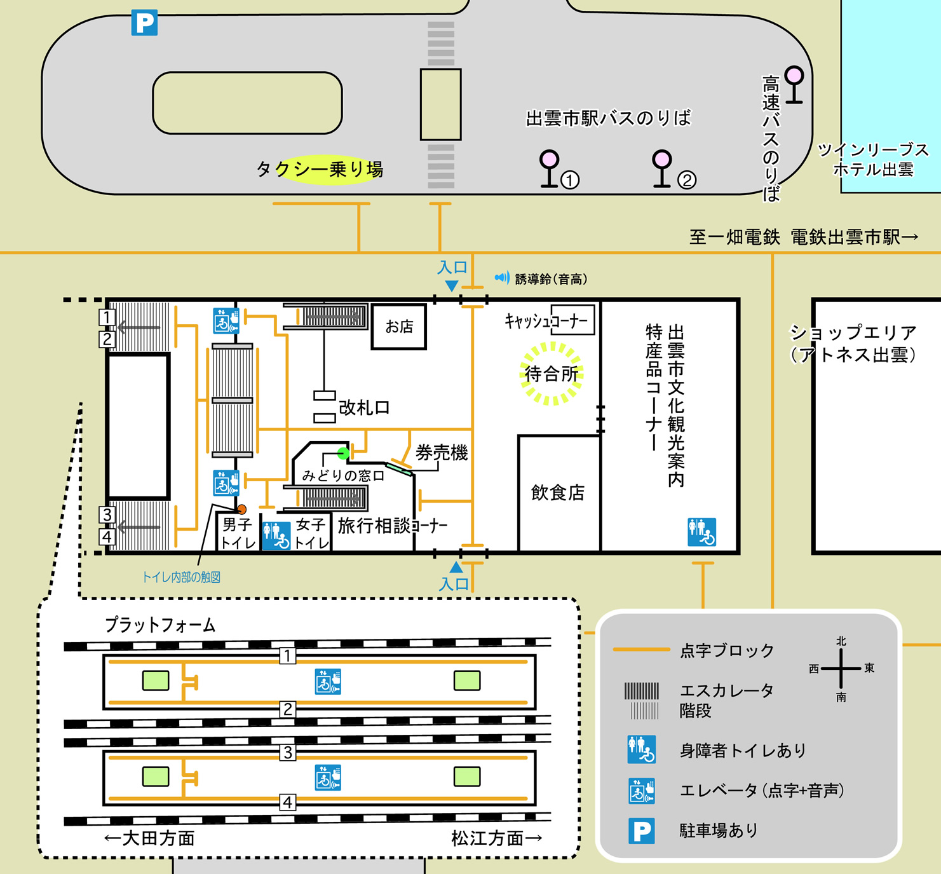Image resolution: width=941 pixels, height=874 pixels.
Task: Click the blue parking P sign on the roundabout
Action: coord(144,23)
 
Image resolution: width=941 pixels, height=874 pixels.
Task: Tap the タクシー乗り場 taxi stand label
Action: coord(320,169)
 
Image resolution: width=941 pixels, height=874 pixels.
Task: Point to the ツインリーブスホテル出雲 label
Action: coord(873,159)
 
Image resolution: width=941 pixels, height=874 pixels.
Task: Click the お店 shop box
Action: coord(399,327)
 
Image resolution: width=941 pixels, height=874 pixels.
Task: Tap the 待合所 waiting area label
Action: coord(551,374)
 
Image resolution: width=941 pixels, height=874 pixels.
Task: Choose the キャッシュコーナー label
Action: coord(546,321)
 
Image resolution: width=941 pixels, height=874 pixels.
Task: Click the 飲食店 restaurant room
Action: coord(558,493)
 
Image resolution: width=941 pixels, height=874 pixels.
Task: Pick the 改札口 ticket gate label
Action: coord(363,407)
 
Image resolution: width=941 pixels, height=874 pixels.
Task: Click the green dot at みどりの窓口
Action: coord(343,453)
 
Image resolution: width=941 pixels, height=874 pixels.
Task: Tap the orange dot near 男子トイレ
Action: coord(241,509)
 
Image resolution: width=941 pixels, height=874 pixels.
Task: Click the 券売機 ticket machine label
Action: coord(442,453)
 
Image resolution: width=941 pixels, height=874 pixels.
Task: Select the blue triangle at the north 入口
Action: coord(452,286)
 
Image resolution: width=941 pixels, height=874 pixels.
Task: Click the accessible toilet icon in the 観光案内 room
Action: coord(701,532)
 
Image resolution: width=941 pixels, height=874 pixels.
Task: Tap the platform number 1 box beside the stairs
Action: coord(107,317)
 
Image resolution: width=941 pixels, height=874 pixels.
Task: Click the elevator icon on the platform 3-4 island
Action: coord(328,777)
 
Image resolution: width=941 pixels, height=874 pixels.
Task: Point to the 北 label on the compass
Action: coord(841,641)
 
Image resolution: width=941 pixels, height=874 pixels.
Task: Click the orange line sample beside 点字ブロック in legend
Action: coord(640,650)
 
